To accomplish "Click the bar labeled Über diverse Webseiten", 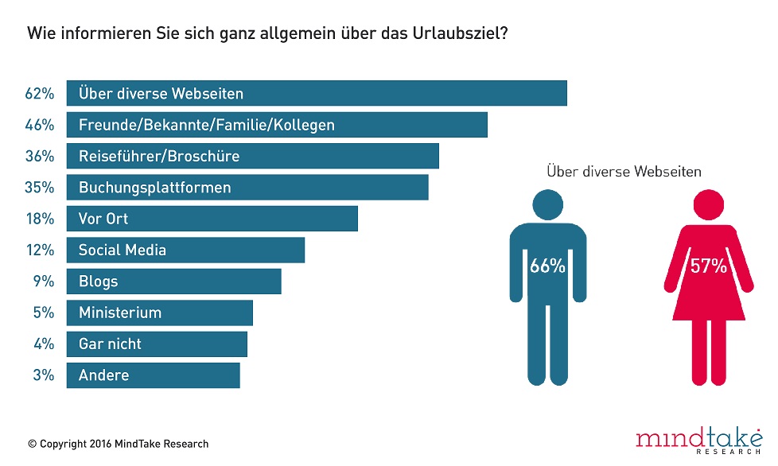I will click(316, 93).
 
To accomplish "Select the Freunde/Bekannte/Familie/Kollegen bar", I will click(276, 125).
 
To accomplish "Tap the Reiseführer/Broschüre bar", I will click(252, 157).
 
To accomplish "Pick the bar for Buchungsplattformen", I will click(247, 188).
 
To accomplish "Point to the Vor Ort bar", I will click(212, 219).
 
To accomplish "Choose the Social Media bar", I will click(185, 250).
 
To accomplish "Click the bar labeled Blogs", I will click(173, 282).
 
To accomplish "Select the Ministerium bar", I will click(159, 313).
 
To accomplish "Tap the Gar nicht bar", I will click(157, 344).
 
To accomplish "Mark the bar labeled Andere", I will click(153, 375).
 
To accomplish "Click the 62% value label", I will click(39, 94).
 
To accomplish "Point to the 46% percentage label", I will click(39, 125).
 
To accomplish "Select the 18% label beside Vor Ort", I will click(39, 219).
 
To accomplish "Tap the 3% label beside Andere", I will click(43, 375).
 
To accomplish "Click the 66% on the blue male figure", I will click(547, 266).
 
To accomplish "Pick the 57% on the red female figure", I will click(708, 266).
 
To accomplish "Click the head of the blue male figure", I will click(547, 204).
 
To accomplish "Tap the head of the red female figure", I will click(708, 204).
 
